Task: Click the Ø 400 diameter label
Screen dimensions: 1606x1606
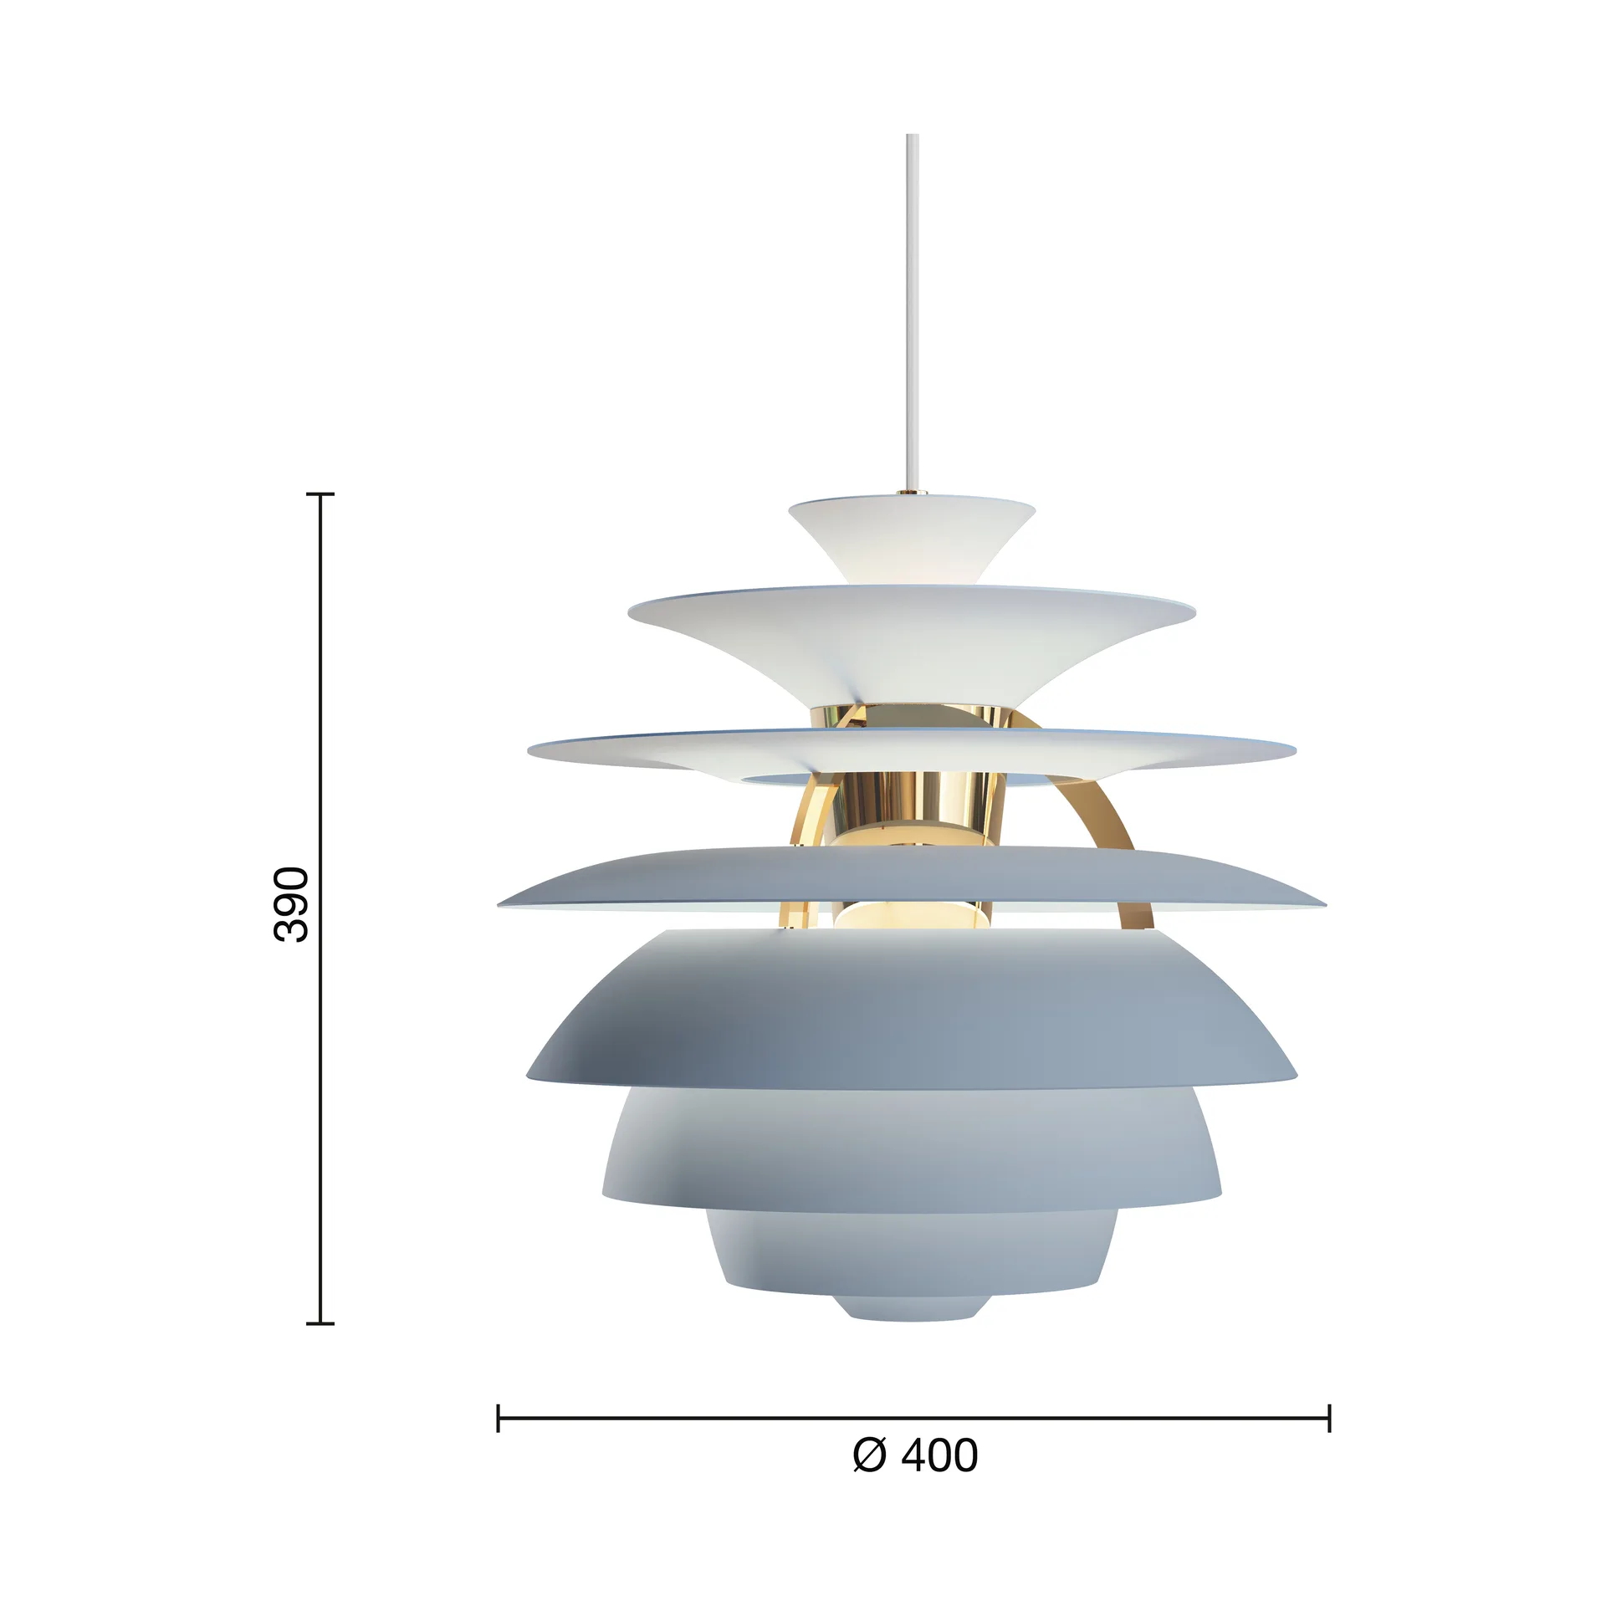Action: (914, 1455)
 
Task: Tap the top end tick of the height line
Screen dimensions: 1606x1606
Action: (320, 494)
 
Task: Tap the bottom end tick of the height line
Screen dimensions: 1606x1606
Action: (320, 1324)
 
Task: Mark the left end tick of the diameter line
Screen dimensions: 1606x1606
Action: (499, 1419)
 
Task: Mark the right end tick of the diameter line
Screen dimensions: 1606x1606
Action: (1329, 1419)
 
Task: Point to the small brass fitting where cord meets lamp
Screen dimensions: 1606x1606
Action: (912, 493)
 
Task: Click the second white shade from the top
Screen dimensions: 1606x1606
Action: (912, 636)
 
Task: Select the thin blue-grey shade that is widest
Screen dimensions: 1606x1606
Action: (912, 874)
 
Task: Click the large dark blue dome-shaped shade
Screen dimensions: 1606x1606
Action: (912, 1012)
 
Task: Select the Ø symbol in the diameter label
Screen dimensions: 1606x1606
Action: (869, 1455)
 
